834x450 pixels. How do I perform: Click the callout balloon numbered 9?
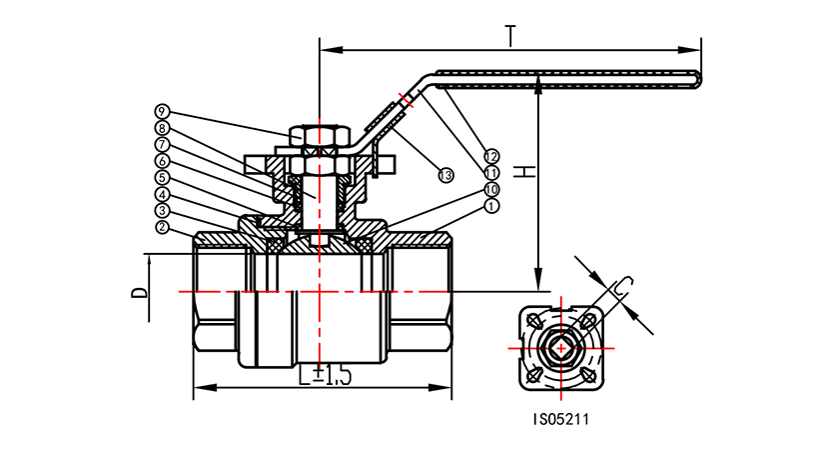coord(162,110)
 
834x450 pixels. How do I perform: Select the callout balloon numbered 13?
coord(446,175)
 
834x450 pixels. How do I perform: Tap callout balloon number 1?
coord(491,206)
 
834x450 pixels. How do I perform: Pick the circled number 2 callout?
coord(162,227)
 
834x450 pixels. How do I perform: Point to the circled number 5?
coord(162,178)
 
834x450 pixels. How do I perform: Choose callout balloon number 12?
coord(491,156)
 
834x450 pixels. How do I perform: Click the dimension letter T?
coord(511,36)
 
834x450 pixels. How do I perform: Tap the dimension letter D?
coord(140,292)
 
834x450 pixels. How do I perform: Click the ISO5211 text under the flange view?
coord(561,421)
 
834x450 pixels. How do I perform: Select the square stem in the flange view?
coord(556,347)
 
